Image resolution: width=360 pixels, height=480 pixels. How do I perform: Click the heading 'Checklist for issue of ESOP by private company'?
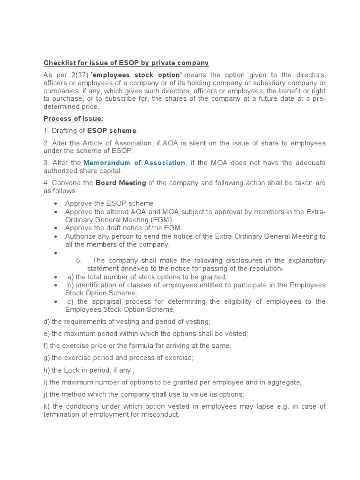click(126, 63)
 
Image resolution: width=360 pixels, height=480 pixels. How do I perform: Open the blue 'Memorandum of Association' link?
click(134, 163)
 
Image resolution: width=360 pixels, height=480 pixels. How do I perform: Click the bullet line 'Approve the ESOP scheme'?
click(109, 203)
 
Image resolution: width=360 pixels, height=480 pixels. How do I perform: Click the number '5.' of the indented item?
click(79, 261)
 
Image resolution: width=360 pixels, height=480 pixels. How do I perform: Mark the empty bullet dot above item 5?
click(56, 253)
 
